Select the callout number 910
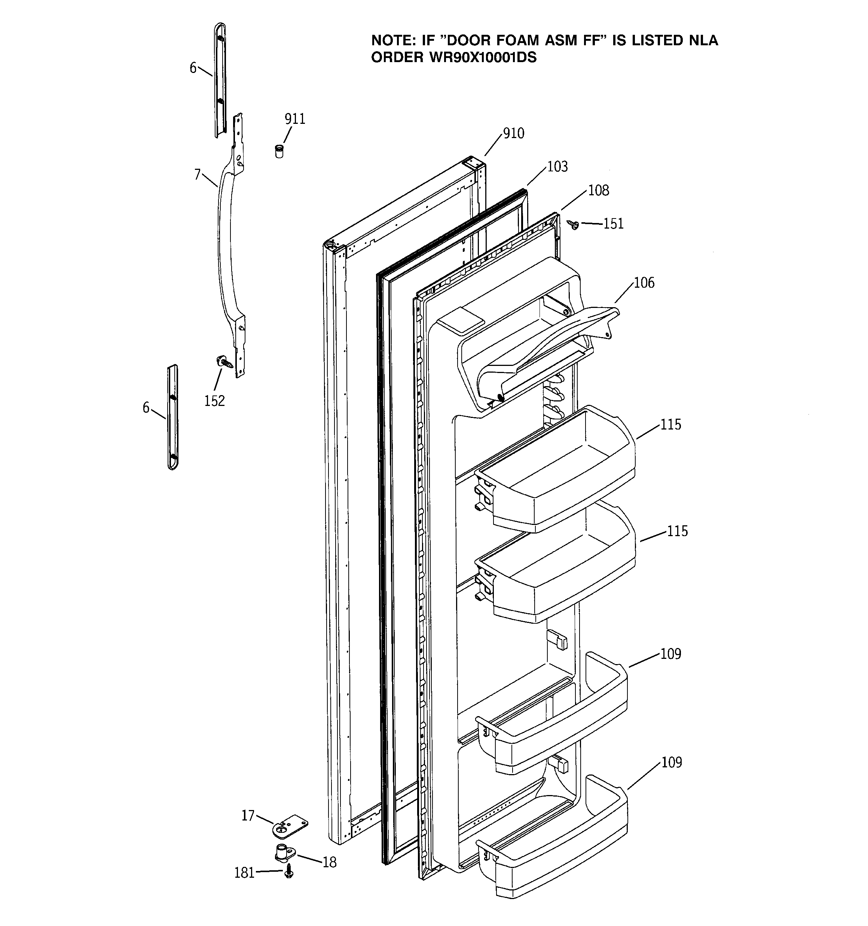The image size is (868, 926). [x=513, y=133]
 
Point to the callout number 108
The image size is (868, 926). [x=598, y=190]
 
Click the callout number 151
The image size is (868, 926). [x=613, y=224]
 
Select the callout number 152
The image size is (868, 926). [x=214, y=401]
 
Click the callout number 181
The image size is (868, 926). [x=244, y=872]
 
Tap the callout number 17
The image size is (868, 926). [x=248, y=815]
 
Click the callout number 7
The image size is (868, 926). [x=198, y=174]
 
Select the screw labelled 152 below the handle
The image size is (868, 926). [x=224, y=361]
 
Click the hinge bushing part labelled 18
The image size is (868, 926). [x=284, y=853]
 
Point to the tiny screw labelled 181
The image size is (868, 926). [x=289, y=871]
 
